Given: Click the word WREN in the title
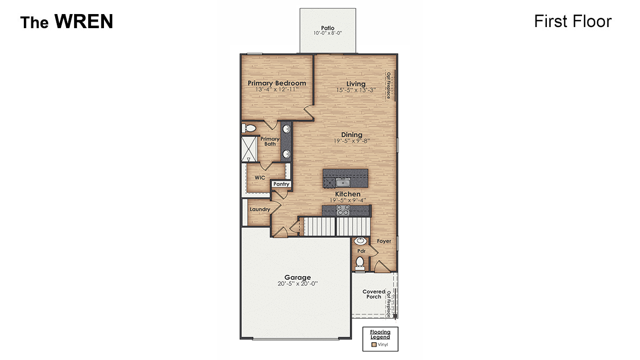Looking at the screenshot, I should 83,22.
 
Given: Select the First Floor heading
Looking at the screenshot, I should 572,21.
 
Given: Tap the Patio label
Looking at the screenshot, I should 328,27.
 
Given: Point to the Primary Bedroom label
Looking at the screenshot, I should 277,83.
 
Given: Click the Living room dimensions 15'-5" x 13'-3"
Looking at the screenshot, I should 356,90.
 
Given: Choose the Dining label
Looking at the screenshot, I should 351,135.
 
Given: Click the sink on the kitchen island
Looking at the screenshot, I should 342,182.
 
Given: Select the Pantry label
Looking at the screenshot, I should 281,184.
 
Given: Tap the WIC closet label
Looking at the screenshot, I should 260,177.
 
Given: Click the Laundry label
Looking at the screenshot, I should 260,209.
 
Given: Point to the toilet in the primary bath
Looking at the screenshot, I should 249,128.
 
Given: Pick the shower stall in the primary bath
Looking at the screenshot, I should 250,149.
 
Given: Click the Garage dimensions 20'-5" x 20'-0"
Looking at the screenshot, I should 295,284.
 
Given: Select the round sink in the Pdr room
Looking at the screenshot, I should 360,241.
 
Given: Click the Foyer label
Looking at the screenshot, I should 384,241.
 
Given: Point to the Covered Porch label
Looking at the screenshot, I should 374,294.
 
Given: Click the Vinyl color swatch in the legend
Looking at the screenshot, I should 373,344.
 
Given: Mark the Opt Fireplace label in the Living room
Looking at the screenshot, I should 388,85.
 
